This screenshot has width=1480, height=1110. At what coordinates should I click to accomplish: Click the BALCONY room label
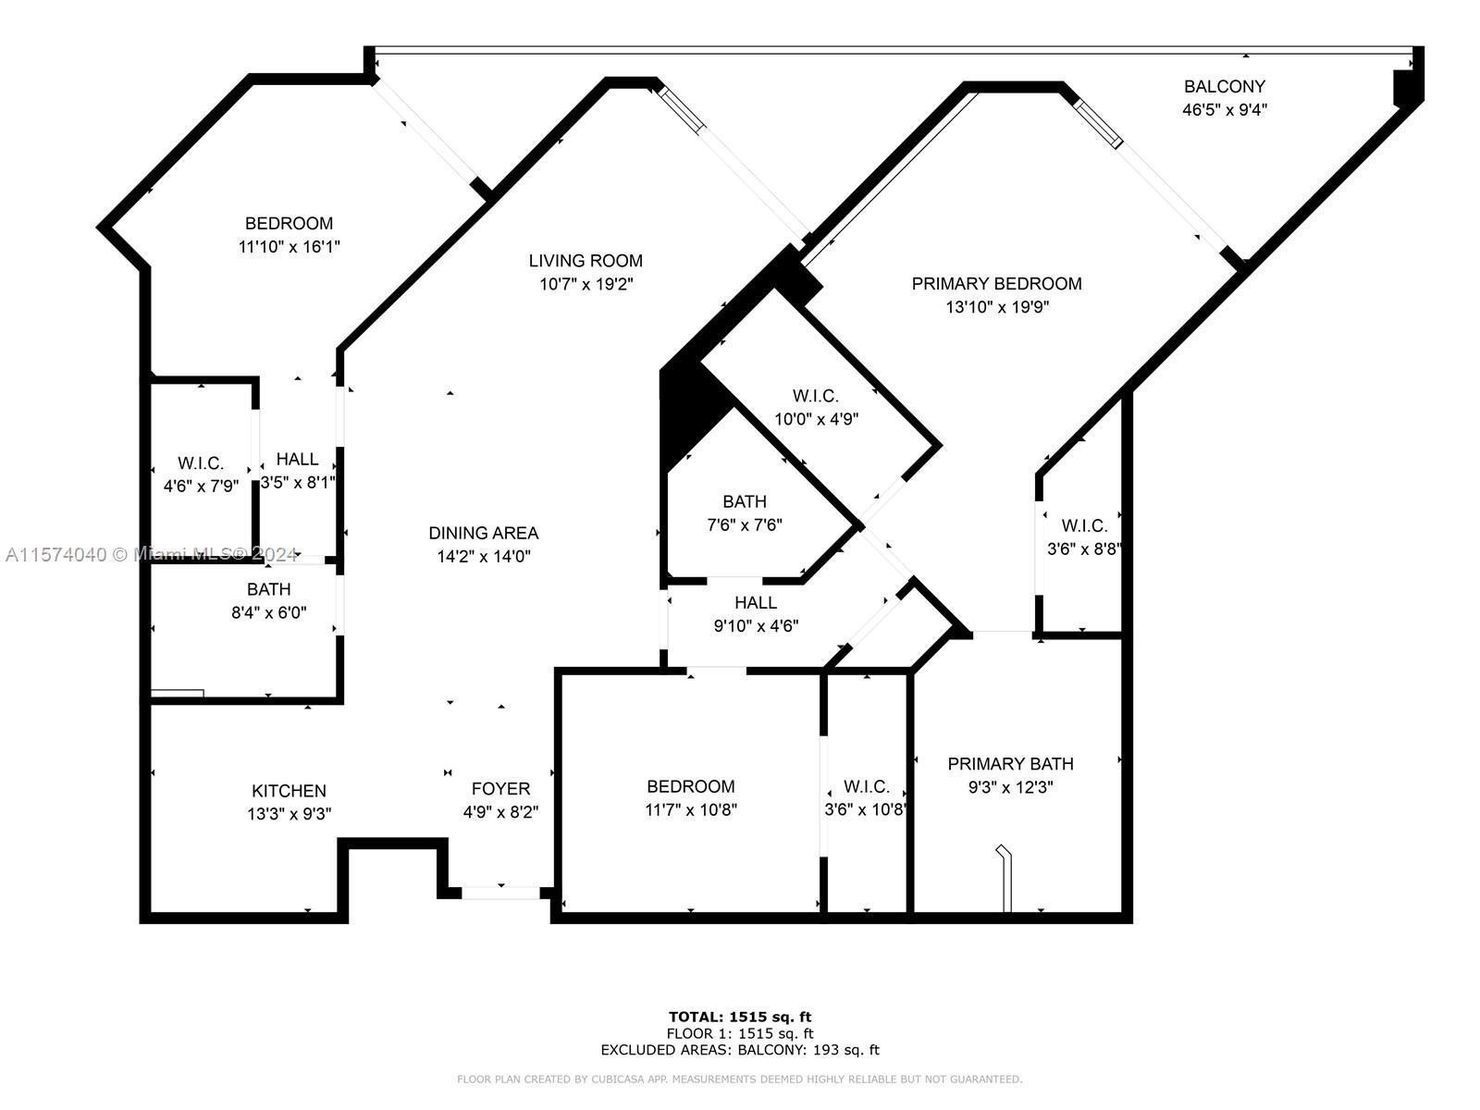(x=1224, y=86)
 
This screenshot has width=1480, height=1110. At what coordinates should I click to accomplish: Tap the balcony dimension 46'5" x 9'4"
(x=1224, y=110)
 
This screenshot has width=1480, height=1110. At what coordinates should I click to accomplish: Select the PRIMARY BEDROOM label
(x=996, y=283)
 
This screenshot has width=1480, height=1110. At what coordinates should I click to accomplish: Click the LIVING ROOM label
(x=586, y=261)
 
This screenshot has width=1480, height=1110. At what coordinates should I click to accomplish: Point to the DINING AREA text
(x=483, y=533)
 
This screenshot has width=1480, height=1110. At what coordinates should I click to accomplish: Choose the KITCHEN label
(x=289, y=791)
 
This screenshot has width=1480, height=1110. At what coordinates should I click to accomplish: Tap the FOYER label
(x=500, y=788)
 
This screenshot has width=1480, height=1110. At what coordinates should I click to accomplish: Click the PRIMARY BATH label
(x=1010, y=764)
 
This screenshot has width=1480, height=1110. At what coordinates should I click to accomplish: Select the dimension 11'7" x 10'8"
(x=691, y=810)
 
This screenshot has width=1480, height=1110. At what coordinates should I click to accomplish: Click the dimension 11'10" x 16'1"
(x=289, y=247)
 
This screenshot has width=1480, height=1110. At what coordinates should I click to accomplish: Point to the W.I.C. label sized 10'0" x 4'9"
(x=815, y=396)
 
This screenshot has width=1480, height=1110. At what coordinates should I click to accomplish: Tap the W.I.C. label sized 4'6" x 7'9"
(x=201, y=463)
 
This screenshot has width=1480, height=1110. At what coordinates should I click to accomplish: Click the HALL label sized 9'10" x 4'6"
(x=756, y=602)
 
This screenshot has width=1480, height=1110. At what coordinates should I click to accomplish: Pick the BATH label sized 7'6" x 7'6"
(x=744, y=501)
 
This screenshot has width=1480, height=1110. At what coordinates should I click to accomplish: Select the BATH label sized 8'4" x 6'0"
(x=268, y=589)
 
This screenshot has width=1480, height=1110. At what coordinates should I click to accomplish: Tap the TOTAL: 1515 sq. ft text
(x=740, y=1017)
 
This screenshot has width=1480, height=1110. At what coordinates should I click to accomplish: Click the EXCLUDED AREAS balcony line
(x=740, y=1050)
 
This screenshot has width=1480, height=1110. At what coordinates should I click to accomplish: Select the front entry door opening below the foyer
(x=500, y=893)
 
